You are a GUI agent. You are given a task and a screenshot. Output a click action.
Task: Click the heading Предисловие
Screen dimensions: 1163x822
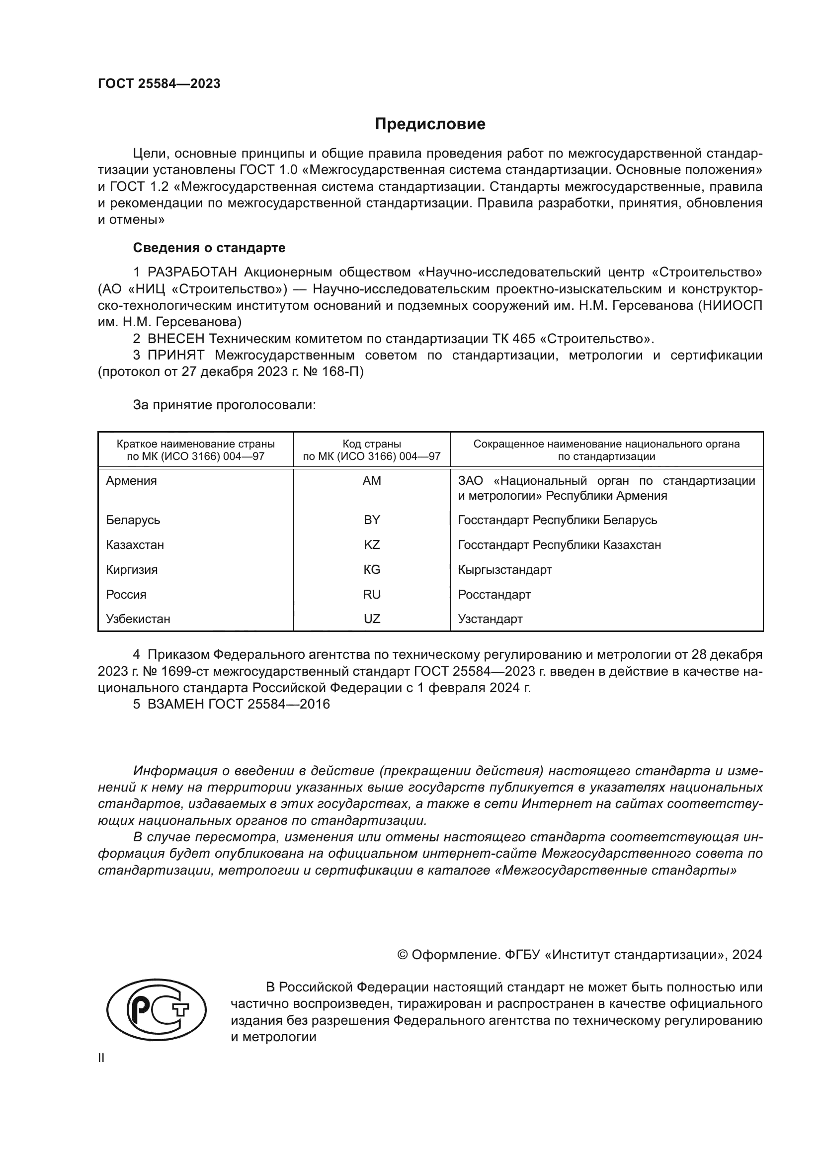tap(430, 124)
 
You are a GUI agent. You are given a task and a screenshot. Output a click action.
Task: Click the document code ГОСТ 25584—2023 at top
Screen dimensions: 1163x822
tap(159, 84)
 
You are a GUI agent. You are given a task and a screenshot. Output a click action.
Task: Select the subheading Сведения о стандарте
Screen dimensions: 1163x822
tap(209, 248)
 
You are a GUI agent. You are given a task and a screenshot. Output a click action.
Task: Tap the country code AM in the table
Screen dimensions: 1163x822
tap(372, 481)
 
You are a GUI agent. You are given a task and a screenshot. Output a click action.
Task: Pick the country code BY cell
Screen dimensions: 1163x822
tap(372, 520)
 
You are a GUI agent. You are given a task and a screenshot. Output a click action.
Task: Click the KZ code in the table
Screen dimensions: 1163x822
tap(372, 544)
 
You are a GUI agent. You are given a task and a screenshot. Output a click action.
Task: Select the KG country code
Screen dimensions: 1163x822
tap(372, 569)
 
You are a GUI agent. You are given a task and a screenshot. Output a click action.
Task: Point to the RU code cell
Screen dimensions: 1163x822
tap(372, 594)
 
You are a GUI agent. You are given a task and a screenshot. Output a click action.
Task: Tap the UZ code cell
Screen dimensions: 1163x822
tap(372, 619)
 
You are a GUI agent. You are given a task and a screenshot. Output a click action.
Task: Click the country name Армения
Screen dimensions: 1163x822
tap(131, 481)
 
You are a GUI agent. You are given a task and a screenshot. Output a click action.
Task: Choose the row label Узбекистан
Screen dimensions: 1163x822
tap(138, 619)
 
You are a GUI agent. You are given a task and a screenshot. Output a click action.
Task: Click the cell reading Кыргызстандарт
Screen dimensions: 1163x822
tap(504, 569)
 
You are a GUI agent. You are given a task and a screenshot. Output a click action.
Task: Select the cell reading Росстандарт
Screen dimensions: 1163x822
tap(494, 594)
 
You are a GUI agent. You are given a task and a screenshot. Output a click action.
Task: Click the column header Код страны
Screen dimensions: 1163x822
tap(372, 444)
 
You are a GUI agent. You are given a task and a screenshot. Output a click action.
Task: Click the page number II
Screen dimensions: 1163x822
tap(101, 1058)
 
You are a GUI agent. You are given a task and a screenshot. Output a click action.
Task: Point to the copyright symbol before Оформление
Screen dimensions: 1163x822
tap(403, 955)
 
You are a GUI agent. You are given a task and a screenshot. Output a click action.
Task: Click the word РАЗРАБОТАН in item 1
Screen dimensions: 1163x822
tap(192, 272)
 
